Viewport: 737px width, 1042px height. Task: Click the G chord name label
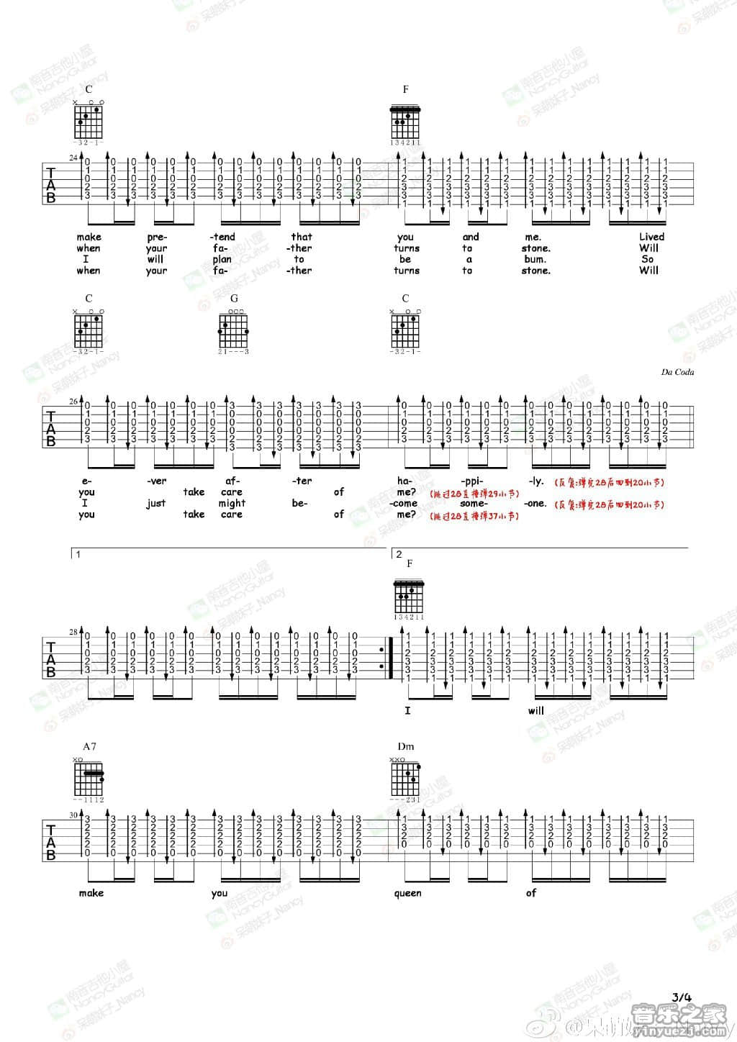234,298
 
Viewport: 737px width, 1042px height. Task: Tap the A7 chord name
89,746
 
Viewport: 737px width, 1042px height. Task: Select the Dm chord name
405,746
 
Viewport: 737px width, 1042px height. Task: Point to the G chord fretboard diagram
235,330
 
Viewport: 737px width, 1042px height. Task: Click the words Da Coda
677,372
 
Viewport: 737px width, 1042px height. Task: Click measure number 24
73,158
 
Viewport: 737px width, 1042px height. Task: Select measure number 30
73,815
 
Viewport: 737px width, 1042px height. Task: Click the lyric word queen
407,893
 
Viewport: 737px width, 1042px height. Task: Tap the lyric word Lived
651,237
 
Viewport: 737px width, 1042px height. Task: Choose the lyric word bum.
535,259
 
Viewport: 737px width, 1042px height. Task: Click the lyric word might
232,503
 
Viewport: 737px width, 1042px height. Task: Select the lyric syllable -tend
222,237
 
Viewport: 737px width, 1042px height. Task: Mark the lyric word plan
222,259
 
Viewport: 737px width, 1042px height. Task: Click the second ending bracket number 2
399,554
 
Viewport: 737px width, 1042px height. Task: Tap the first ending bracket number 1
78,554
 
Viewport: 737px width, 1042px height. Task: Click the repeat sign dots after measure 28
381,658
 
